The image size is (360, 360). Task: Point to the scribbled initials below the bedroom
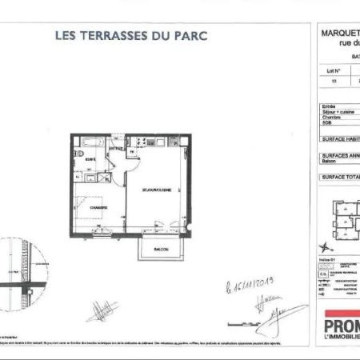101,310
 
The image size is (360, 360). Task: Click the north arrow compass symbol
328,244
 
